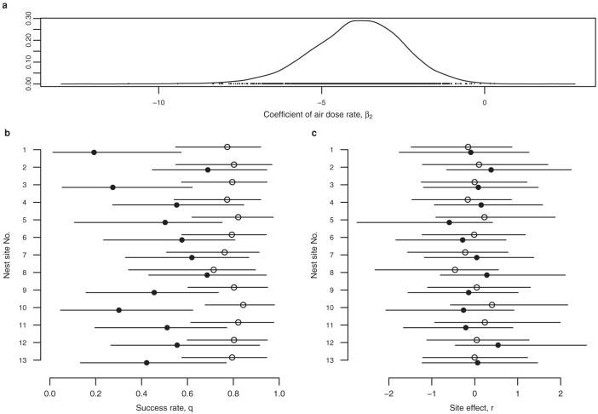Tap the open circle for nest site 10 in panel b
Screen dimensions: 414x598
pyautogui.click(x=243, y=304)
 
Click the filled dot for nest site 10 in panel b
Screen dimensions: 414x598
pyautogui.click(x=118, y=310)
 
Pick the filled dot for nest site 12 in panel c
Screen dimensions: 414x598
pyautogui.click(x=497, y=345)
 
